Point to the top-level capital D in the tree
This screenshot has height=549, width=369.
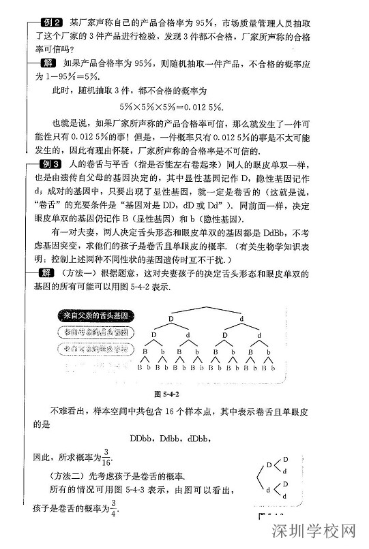click(x=172, y=319)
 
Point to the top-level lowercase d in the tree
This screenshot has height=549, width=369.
click(x=242, y=319)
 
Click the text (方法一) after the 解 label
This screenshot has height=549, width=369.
click(x=79, y=274)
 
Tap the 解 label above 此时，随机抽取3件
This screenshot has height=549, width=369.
click(x=48, y=63)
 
